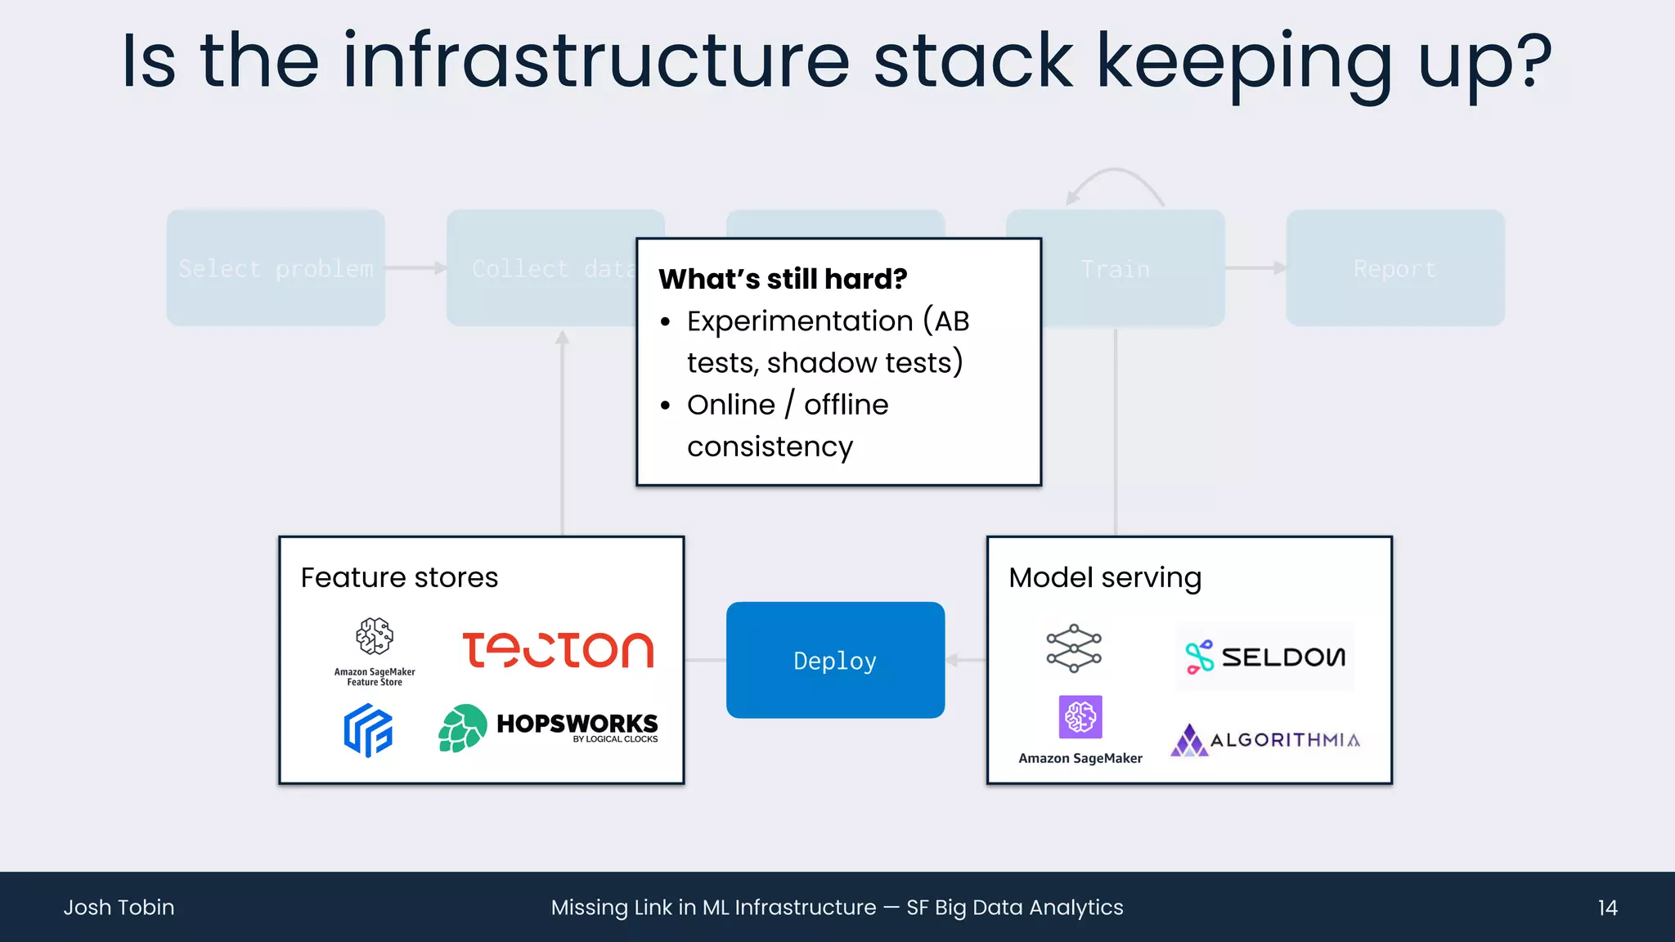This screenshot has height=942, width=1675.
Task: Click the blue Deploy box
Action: [835, 660]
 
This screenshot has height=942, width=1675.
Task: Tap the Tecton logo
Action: [558, 650]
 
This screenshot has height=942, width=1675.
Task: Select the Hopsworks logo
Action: [548, 727]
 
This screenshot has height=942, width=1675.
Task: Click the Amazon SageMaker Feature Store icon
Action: [375, 637]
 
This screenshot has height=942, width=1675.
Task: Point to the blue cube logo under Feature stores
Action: [368, 730]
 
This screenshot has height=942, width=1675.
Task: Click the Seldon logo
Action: [1264, 657]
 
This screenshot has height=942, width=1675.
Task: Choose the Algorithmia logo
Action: [1264, 740]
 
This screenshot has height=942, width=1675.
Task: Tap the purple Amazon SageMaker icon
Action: [1080, 717]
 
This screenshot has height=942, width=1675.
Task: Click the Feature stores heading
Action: [399, 577]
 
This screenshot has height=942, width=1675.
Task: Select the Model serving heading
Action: [1104, 577]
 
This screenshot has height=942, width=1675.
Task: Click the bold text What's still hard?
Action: [783, 279]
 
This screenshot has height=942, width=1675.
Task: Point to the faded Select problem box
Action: [276, 268]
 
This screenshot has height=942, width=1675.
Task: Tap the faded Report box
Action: [1394, 268]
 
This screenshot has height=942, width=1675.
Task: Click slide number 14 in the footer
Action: [1607, 908]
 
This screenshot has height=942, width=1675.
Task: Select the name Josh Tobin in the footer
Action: [119, 908]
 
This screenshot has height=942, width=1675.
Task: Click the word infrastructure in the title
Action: [596, 61]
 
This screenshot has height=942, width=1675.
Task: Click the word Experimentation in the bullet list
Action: [799, 321]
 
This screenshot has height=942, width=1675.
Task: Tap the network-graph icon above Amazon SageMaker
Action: [1074, 648]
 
